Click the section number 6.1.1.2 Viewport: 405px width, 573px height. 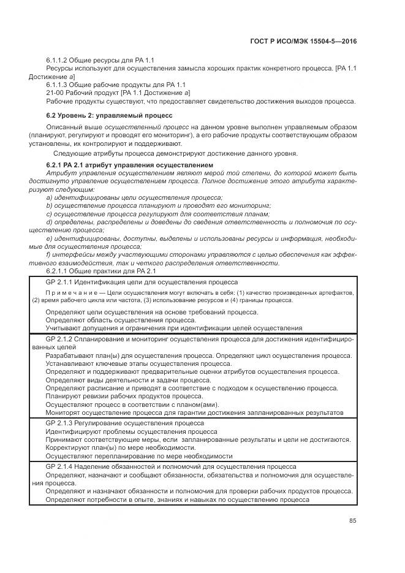tap(56, 60)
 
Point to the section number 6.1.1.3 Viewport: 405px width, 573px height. tap(56, 84)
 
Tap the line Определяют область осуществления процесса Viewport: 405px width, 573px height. tap(121, 320)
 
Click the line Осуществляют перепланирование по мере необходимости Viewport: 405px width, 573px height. tap(139, 456)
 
